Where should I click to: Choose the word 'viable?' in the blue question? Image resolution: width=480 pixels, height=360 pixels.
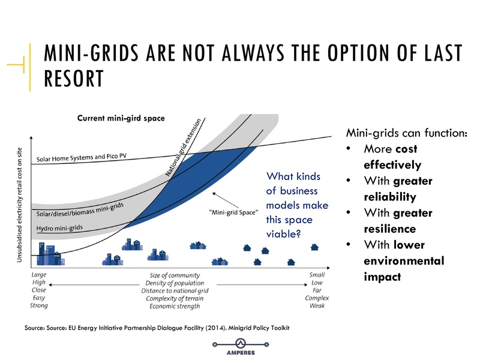pos(283,234)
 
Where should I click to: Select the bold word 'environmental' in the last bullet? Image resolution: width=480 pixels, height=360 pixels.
pos(404,261)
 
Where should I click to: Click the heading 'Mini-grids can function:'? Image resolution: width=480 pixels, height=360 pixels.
pos(406,133)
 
